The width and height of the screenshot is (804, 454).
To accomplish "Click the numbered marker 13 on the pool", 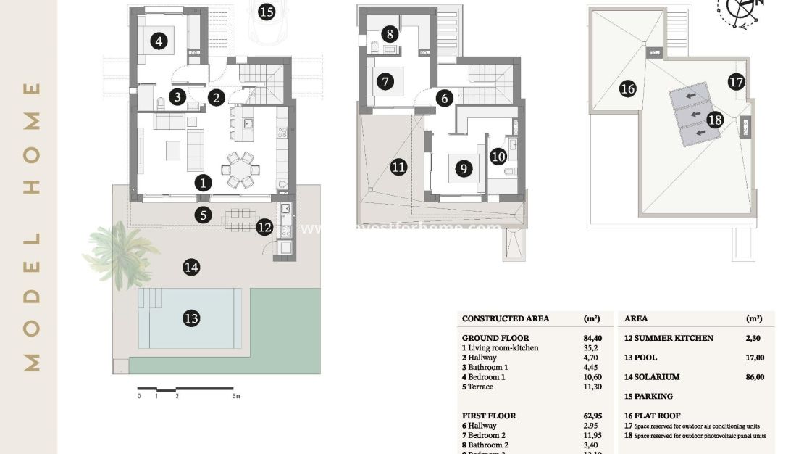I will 191,318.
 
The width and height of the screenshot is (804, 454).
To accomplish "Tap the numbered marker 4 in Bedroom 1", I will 159,41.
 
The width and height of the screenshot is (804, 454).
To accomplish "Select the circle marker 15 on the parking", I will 267,12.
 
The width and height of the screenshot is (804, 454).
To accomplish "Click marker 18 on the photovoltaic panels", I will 715,120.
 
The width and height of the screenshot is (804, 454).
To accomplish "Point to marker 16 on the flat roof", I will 627,89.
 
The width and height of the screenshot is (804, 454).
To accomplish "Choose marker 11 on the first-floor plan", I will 398,168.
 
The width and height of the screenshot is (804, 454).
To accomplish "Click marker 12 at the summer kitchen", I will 264,227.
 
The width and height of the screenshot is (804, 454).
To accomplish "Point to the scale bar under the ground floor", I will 186,389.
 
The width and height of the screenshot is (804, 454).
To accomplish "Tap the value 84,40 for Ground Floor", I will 592,338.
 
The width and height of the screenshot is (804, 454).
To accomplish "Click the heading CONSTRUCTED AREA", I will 506,318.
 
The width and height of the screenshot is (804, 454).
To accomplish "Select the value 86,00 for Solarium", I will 754,377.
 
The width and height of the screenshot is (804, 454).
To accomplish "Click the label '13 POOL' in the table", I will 642,358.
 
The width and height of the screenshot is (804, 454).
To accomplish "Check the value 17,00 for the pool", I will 754,358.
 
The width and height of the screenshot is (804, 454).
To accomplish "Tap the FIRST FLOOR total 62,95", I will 592,416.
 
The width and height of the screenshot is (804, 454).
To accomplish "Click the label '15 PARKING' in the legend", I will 648,397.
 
